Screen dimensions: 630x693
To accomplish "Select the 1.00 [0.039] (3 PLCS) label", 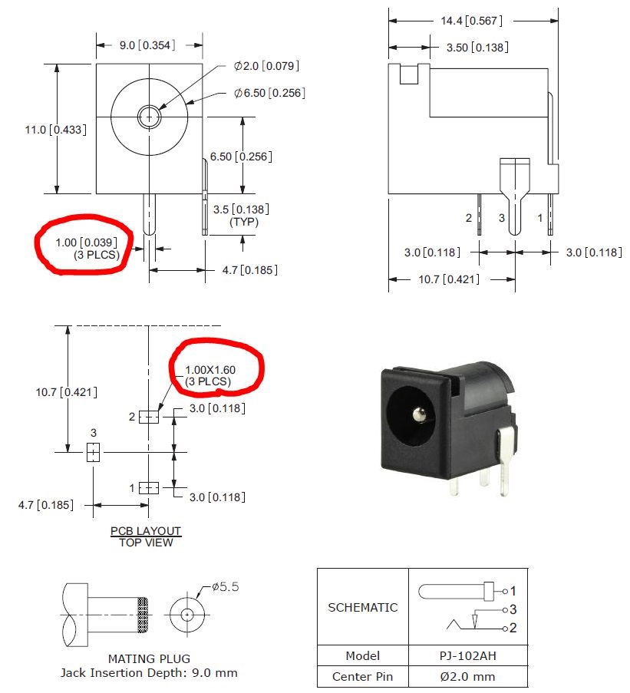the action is coord(87,247).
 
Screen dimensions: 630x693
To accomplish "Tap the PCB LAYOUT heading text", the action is coord(146,530).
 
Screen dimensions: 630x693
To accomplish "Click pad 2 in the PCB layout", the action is coord(149,417).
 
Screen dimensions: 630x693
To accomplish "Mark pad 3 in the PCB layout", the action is coord(93,453).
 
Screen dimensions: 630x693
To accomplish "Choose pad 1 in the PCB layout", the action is coord(149,487).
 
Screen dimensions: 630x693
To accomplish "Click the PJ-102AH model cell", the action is coord(467,656).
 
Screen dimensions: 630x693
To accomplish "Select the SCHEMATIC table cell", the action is coord(362,607).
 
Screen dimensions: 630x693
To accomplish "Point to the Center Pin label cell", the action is coord(362,676).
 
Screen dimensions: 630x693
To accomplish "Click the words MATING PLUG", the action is coord(149,658).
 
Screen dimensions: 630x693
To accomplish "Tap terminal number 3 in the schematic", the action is coord(513,610).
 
